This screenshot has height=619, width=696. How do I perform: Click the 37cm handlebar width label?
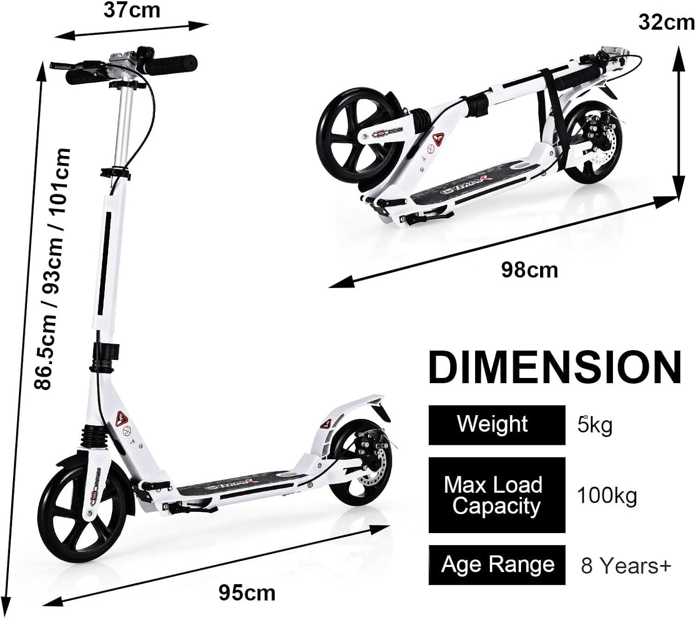click(x=132, y=11)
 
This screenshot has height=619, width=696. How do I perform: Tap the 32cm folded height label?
click(x=666, y=23)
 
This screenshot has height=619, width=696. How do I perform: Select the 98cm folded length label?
click(x=529, y=270)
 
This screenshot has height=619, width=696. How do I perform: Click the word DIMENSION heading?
click(x=555, y=367)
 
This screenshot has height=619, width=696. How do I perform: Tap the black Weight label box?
click(x=497, y=425)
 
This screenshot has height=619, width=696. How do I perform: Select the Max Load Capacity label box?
click(x=497, y=495)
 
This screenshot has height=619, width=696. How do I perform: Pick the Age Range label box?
click(x=497, y=565)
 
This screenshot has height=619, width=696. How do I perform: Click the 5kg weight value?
click(x=595, y=425)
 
